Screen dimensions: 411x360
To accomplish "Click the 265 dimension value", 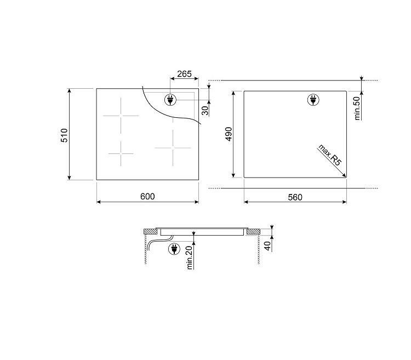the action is coord(184,74).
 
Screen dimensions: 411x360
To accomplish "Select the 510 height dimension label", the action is coord(64,135).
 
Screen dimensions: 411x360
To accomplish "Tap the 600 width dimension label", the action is coord(147,196).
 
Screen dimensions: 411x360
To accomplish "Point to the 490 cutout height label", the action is coord(229,134).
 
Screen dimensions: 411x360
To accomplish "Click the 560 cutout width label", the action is coord(295,197).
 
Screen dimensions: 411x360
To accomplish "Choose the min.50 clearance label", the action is coord(357,108).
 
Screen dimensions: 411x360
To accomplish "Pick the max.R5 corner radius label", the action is coord(329,155).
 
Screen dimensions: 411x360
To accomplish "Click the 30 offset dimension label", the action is coord(206,111).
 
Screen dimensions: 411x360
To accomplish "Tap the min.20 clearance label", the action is coord(189,258).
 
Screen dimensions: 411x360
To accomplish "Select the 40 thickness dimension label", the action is coord(267,246).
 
